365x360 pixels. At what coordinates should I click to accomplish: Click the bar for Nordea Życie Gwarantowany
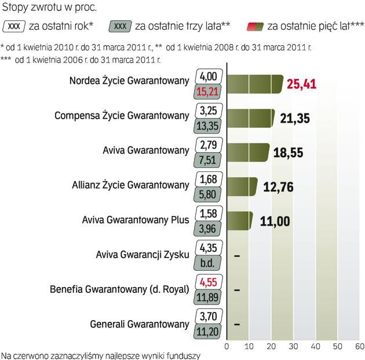(x=254, y=84)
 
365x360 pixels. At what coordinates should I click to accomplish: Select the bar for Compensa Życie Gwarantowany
(x=250, y=118)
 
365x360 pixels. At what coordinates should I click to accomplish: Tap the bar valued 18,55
(x=247, y=152)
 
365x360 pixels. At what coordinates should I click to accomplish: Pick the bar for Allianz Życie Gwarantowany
(x=240, y=186)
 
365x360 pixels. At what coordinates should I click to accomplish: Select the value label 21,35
(x=294, y=119)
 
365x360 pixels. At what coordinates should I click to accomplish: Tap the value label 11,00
(x=275, y=221)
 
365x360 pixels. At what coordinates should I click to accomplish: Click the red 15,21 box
(x=207, y=91)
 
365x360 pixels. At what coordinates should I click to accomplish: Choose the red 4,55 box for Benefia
(x=207, y=282)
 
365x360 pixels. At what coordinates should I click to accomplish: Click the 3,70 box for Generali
(x=207, y=317)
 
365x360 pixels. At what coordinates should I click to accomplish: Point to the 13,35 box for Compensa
(x=207, y=125)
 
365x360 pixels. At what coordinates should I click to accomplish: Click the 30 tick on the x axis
(x=293, y=346)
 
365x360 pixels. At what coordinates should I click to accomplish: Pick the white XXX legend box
(x=16, y=26)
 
